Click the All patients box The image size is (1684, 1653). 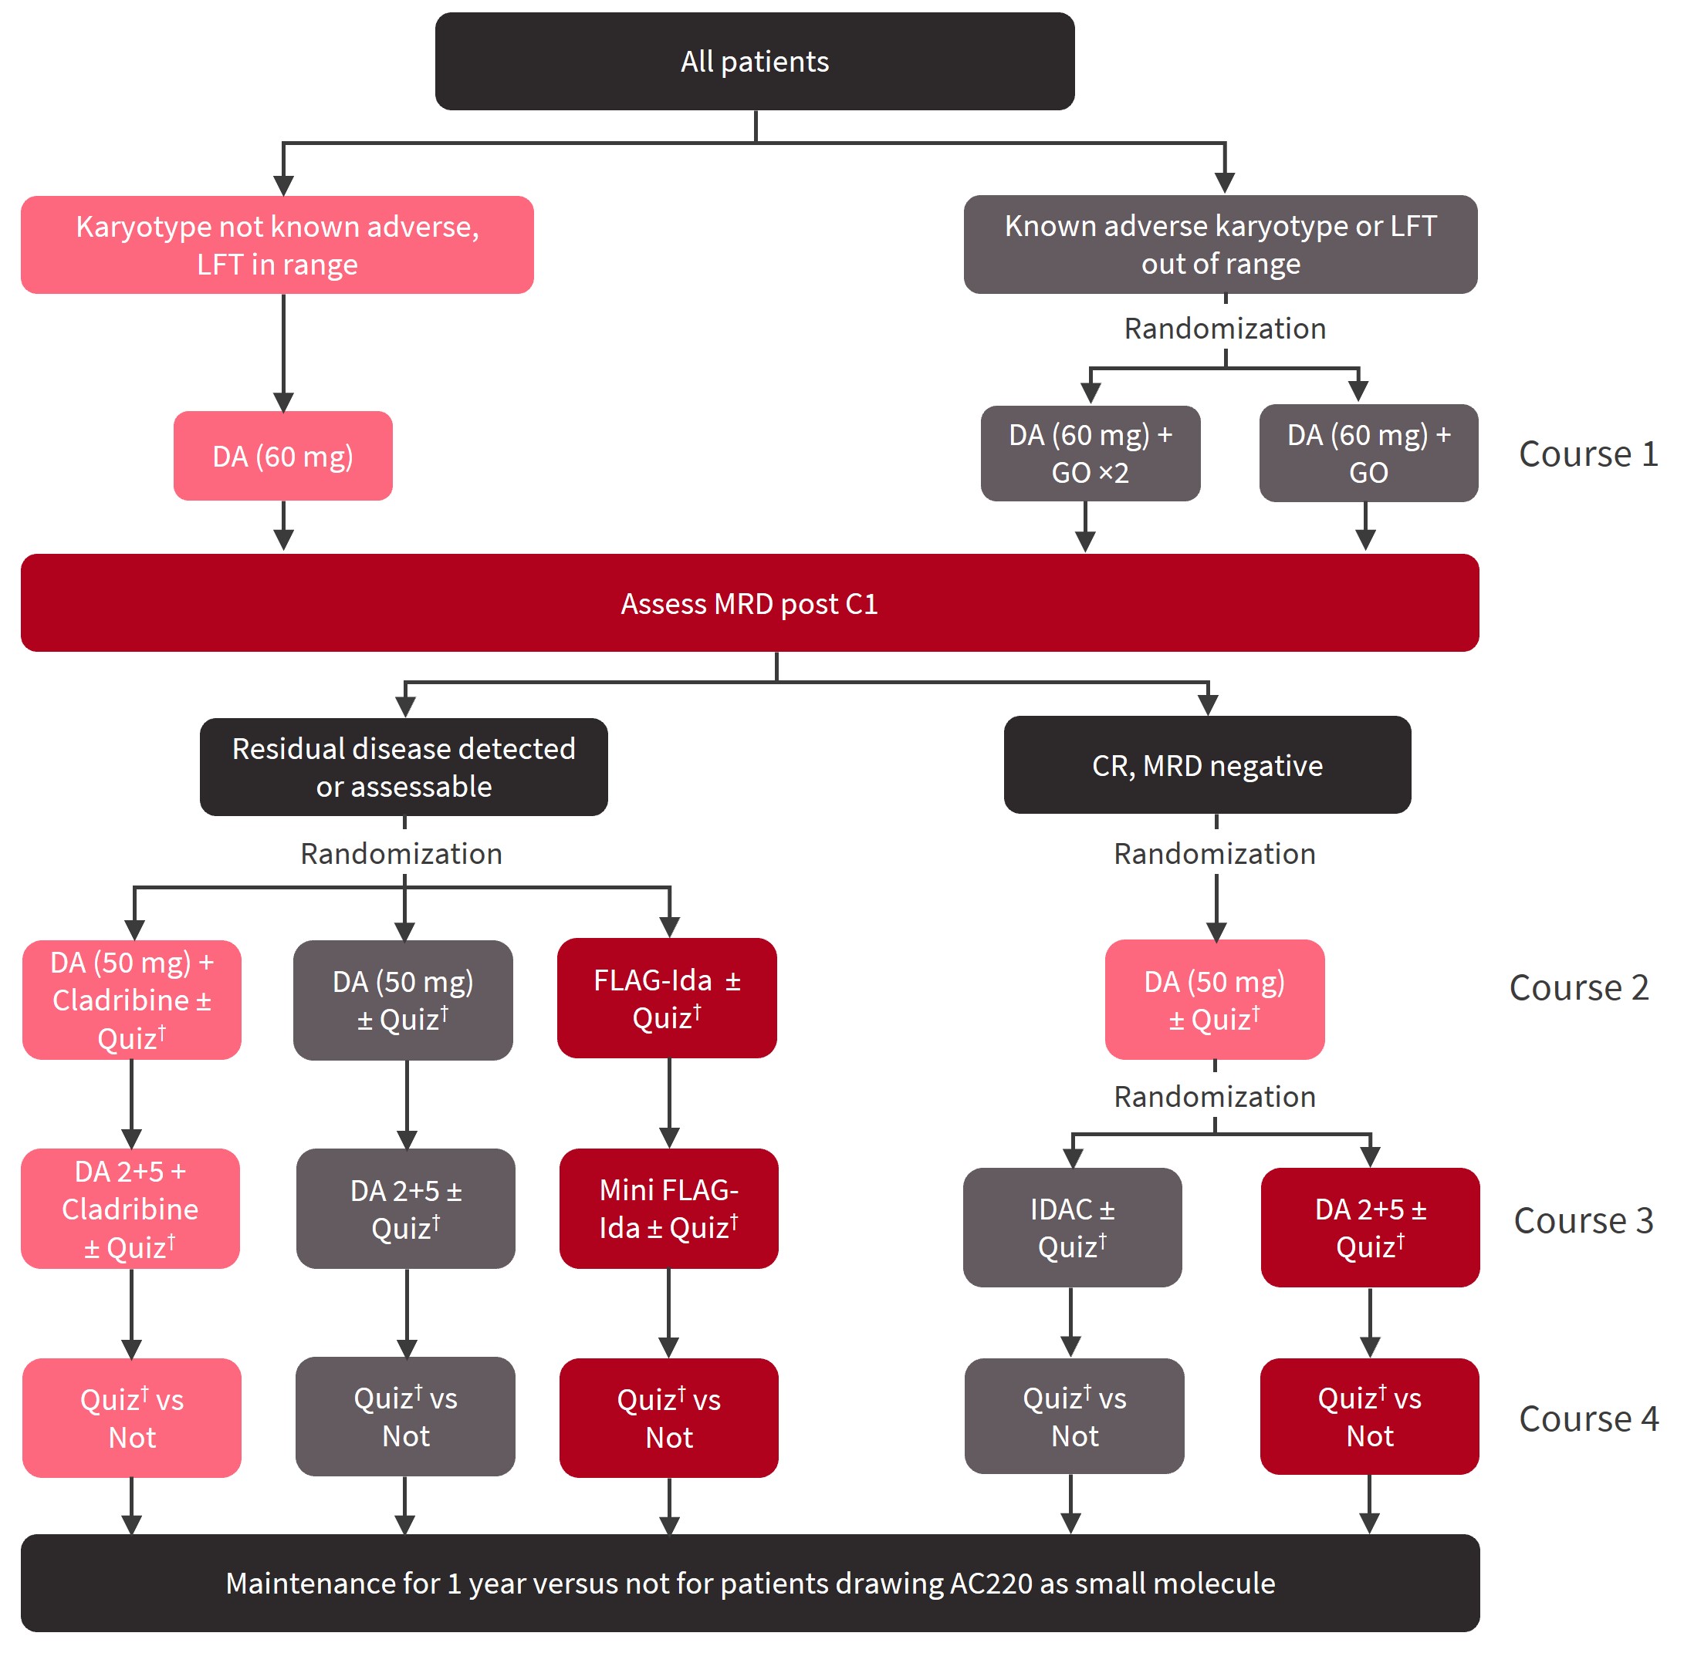click(754, 62)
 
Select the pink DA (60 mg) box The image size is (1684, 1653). click(282, 456)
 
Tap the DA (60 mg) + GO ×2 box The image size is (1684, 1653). click(1089, 454)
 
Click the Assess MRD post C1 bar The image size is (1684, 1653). click(749, 603)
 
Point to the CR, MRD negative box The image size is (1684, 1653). click(1206, 765)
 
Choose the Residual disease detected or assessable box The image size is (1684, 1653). click(403, 767)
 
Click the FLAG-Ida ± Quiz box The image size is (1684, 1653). click(666, 997)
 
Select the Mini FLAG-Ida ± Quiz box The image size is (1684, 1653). click(668, 1208)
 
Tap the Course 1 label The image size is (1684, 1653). click(1587, 454)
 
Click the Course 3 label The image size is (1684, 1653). click(1582, 1220)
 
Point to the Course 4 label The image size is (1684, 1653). click(1587, 1419)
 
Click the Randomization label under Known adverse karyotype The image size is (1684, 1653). click(1224, 328)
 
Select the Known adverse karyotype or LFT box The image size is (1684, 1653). click(1219, 244)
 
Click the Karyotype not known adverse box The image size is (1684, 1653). click(277, 245)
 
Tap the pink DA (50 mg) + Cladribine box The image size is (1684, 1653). click(131, 999)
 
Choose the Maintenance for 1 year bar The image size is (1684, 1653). click(749, 1583)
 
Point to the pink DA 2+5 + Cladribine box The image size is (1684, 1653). click(130, 1209)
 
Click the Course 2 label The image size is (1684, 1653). click(1578, 987)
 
